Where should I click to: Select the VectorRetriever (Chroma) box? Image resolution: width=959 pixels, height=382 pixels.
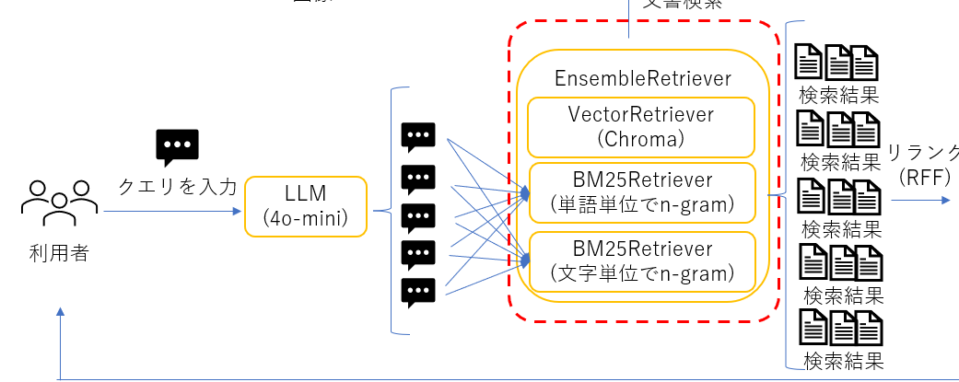point(642,126)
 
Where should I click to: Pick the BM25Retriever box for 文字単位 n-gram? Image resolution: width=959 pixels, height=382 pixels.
point(642,260)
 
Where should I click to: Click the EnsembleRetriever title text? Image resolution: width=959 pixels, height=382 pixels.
point(642,78)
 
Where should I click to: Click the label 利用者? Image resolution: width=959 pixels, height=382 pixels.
point(59,253)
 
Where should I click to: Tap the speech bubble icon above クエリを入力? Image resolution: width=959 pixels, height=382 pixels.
point(177,146)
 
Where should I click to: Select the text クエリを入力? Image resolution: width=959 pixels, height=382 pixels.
point(177,187)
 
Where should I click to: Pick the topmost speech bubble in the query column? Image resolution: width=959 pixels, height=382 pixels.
point(418,137)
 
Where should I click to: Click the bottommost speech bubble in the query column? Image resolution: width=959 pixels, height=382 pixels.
point(418,293)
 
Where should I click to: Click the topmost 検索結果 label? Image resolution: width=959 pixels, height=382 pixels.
point(838,95)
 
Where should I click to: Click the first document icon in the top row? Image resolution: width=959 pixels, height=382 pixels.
point(808,61)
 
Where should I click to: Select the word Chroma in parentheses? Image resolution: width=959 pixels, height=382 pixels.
point(642,138)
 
